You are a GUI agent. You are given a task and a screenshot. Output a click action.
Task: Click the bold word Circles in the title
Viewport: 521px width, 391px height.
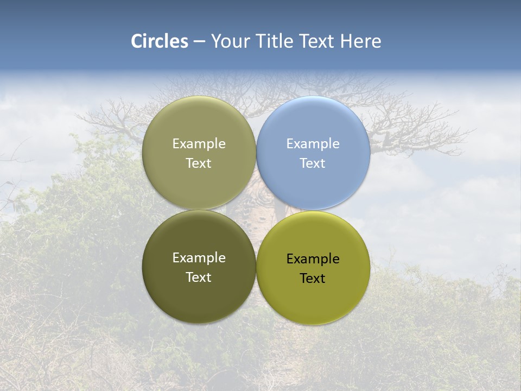159,41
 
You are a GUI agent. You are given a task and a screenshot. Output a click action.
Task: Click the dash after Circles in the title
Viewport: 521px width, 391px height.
199,42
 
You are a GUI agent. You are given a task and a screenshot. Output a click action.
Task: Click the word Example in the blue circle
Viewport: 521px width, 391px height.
313,144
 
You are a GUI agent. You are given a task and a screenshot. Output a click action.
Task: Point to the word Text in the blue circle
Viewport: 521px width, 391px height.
313,163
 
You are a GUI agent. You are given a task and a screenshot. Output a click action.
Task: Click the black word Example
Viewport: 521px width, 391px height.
313,259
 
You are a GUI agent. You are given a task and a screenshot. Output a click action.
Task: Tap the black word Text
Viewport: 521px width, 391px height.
313,278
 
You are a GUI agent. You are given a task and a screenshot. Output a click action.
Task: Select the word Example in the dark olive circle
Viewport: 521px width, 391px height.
199,258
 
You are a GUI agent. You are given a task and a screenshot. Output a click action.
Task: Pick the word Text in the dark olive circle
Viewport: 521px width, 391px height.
199,277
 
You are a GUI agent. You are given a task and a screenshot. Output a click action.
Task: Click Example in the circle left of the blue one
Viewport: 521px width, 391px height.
199,144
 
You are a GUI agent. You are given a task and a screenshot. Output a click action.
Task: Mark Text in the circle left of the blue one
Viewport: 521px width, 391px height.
199,163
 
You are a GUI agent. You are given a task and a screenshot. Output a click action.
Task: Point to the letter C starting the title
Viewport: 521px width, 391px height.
137,41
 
